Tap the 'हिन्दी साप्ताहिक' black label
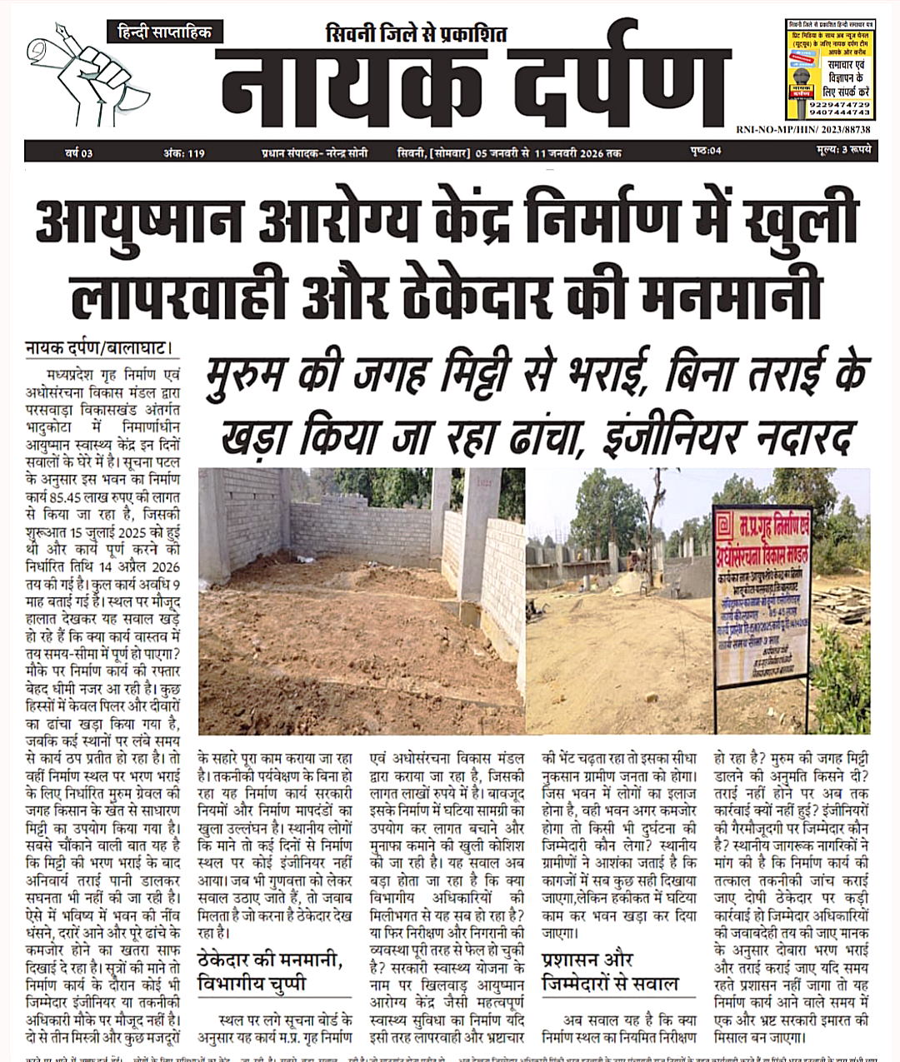click(x=164, y=32)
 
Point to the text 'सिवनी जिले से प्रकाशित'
click(x=416, y=34)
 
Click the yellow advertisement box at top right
click(x=828, y=70)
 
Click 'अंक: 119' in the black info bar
click(x=184, y=153)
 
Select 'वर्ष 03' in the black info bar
click(x=78, y=153)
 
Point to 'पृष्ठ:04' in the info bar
click(x=706, y=151)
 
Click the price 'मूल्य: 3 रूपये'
click(x=843, y=151)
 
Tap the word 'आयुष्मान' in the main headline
click(x=140, y=221)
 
